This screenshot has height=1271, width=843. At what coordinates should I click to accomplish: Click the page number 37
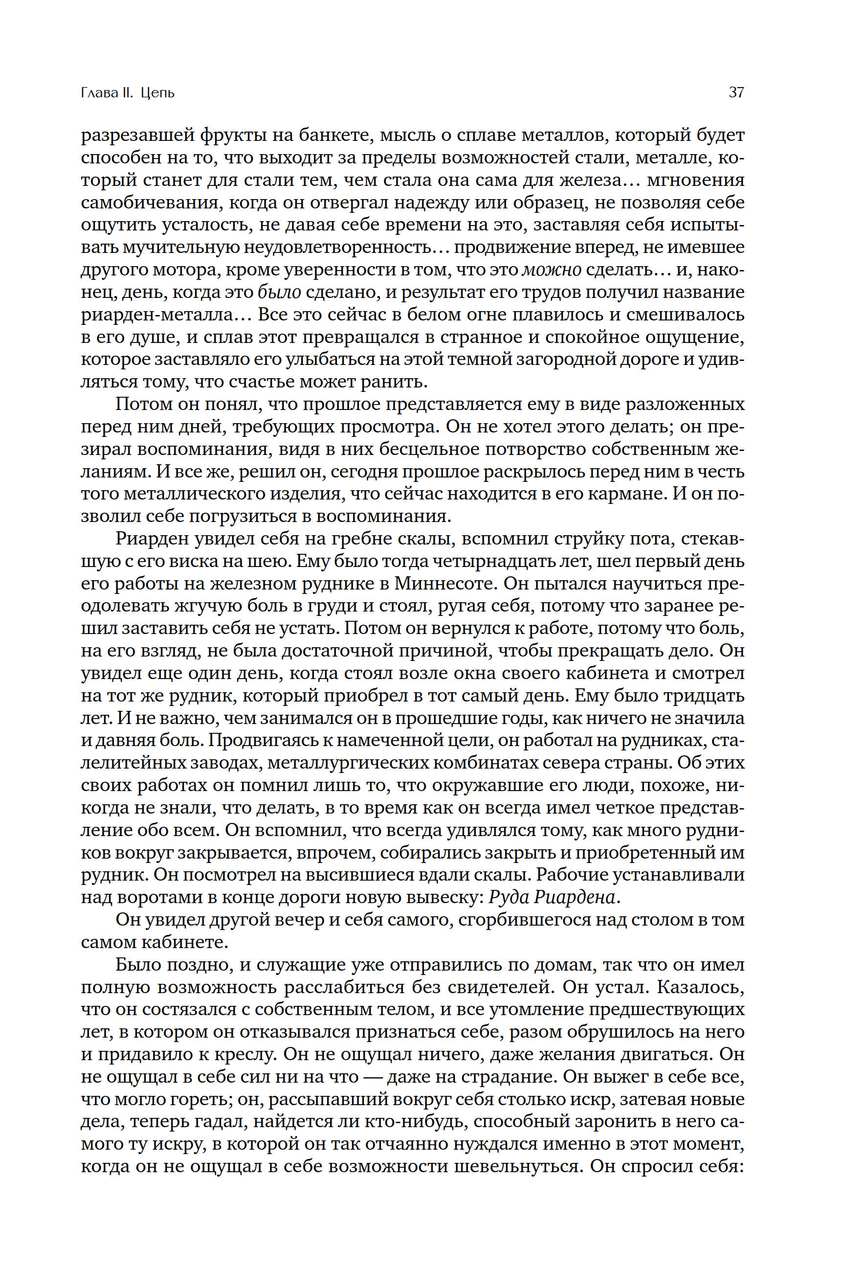(x=736, y=92)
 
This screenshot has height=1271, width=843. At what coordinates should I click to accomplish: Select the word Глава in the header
(x=99, y=92)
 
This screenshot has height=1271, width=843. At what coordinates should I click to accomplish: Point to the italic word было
(x=279, y=293)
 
